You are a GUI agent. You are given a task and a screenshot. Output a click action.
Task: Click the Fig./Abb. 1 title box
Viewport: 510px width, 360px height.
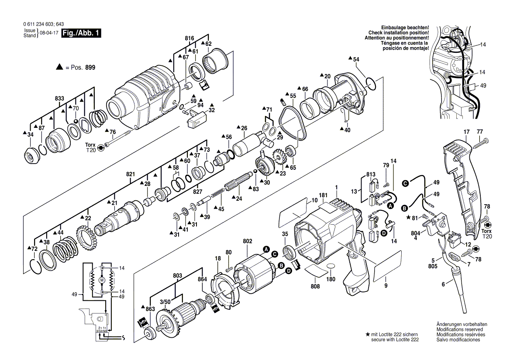82,33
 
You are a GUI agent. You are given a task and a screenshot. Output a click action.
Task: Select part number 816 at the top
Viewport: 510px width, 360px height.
189,39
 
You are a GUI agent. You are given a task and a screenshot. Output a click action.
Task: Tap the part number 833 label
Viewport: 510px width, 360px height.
59,99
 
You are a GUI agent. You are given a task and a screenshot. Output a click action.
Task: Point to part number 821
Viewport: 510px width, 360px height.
130,174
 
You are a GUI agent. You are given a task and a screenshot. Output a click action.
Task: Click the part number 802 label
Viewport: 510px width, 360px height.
248,240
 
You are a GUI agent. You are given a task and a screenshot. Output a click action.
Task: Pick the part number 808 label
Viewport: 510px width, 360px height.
315,286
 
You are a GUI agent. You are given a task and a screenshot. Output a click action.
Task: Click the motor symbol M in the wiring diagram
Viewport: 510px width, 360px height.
102,279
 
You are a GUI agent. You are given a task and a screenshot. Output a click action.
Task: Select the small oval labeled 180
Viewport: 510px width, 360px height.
331,266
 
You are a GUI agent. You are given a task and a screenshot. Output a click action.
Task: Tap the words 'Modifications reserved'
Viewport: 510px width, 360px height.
458,329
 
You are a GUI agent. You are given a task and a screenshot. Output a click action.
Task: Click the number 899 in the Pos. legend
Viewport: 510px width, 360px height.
90,67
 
